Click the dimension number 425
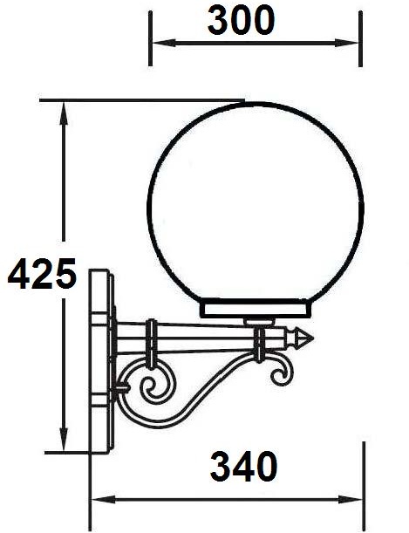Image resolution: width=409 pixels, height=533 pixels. pos(42,276)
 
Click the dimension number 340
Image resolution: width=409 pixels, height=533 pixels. pos(243,468)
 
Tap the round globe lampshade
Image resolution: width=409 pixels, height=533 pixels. pos(255,202)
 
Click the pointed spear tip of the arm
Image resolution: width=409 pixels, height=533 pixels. pos(304,335)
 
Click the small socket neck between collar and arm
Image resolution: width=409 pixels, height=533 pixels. pos(257,321)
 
